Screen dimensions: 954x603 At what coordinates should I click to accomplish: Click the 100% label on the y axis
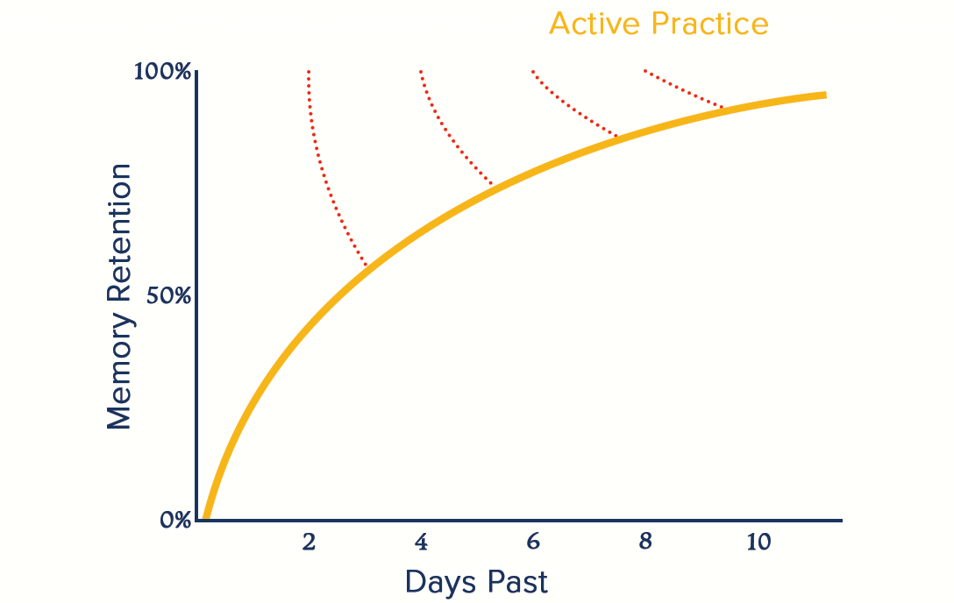point(162,72)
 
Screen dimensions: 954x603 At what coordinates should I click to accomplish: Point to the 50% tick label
point(168,296)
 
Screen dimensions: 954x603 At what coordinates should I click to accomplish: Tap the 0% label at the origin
point(176,520)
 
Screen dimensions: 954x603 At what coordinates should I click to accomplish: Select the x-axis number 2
point(309,542)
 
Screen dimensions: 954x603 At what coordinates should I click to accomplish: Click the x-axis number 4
point(421,542)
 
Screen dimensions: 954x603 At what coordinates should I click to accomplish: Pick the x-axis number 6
point(533,542)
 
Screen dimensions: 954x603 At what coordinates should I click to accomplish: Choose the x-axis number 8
point(645,542)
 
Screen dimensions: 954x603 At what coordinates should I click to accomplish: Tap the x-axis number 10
point(758,542)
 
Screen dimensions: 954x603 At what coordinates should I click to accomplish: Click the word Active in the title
point(594,24)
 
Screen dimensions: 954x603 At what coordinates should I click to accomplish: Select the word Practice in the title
point(709,24)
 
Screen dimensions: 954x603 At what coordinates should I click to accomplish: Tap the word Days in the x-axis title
point(440,582)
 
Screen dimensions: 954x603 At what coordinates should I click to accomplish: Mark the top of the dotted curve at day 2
point(309,72)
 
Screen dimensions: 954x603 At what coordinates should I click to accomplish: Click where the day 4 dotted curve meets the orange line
point(492,183)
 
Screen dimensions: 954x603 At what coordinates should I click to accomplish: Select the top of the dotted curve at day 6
point(533,72)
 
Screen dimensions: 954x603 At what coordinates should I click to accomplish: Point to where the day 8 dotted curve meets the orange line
point(723,108)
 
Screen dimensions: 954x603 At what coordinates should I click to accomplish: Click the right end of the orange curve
point(826,95)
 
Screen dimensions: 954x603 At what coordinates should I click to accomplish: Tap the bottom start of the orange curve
point(206,519)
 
